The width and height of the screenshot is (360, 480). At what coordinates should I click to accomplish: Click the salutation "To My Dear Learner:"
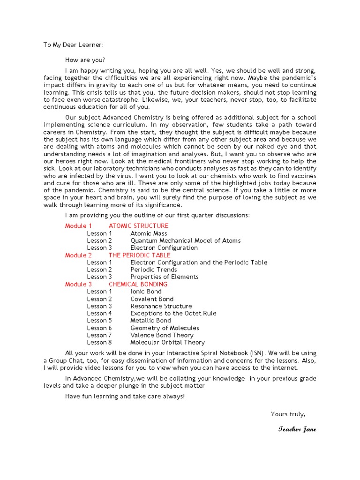tap(74, 45)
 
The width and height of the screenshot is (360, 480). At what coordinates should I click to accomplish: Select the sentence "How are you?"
tap(85, 60)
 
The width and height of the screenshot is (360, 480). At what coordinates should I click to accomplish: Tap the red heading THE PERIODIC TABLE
tap(139, 255)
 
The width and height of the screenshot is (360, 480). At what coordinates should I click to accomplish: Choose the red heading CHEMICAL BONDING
tap(138, 284)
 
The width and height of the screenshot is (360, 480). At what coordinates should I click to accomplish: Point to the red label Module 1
tap(75, 226)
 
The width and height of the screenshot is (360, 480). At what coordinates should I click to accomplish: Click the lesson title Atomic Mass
tap(149, 233)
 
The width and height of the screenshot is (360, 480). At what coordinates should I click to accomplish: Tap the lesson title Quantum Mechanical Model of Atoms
tap(185, 240)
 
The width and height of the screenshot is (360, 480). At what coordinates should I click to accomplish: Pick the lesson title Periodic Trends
tap(153, 270)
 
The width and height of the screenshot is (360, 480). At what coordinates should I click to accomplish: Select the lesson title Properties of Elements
tap(164, 277)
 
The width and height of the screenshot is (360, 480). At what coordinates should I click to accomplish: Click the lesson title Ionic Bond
tap(146, 292)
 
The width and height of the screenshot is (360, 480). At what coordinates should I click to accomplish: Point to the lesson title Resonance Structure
tap(161, 306)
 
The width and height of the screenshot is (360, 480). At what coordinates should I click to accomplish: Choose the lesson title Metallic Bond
tap(150, 321)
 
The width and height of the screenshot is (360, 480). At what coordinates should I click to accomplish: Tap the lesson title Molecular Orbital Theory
tap(167, 342)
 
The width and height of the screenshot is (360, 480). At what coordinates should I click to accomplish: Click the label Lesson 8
tap(99, 342)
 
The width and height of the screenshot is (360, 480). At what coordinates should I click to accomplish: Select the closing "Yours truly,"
tap(288, 414)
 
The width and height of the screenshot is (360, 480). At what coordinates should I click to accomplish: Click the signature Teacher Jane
tap(297, 430)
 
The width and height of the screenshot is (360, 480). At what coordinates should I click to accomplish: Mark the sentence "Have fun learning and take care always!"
tap(125, 396)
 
